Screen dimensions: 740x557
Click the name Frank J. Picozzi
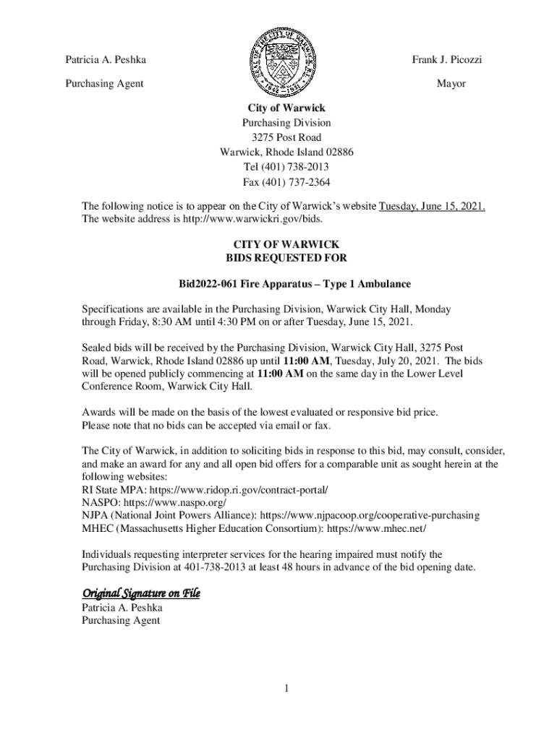point(447,60)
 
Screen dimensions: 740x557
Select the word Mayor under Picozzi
point(451,84)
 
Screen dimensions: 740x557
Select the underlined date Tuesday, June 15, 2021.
point(433,207)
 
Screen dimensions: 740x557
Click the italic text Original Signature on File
point(140,594)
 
